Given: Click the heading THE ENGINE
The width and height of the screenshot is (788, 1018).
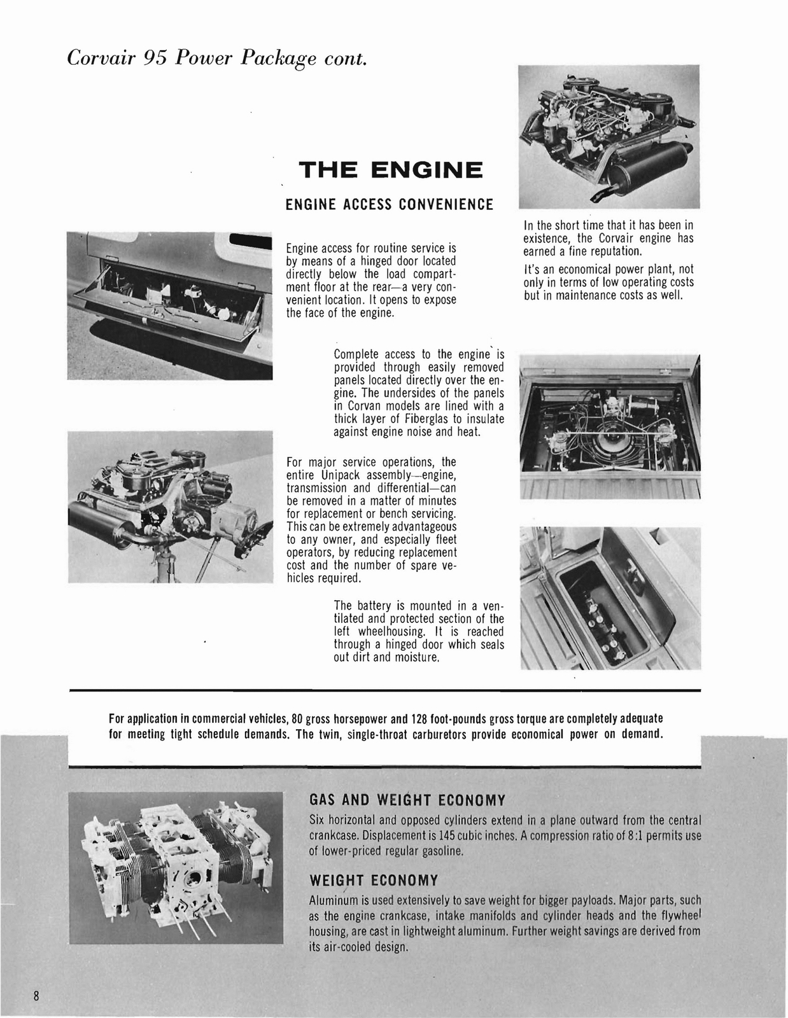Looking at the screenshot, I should click(x=390, y=171).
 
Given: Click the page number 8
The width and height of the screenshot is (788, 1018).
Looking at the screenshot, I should click(x=37, y=996).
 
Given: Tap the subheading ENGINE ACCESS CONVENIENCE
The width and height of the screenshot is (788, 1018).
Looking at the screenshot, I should click(x=389, y=204).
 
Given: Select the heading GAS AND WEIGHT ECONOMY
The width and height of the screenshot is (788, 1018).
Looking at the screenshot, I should click(x=407, y=800).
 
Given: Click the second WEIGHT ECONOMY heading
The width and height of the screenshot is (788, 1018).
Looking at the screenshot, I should click(x=374, y=881).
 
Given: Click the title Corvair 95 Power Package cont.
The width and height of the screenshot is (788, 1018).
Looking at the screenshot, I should click(x=216, y=59).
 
